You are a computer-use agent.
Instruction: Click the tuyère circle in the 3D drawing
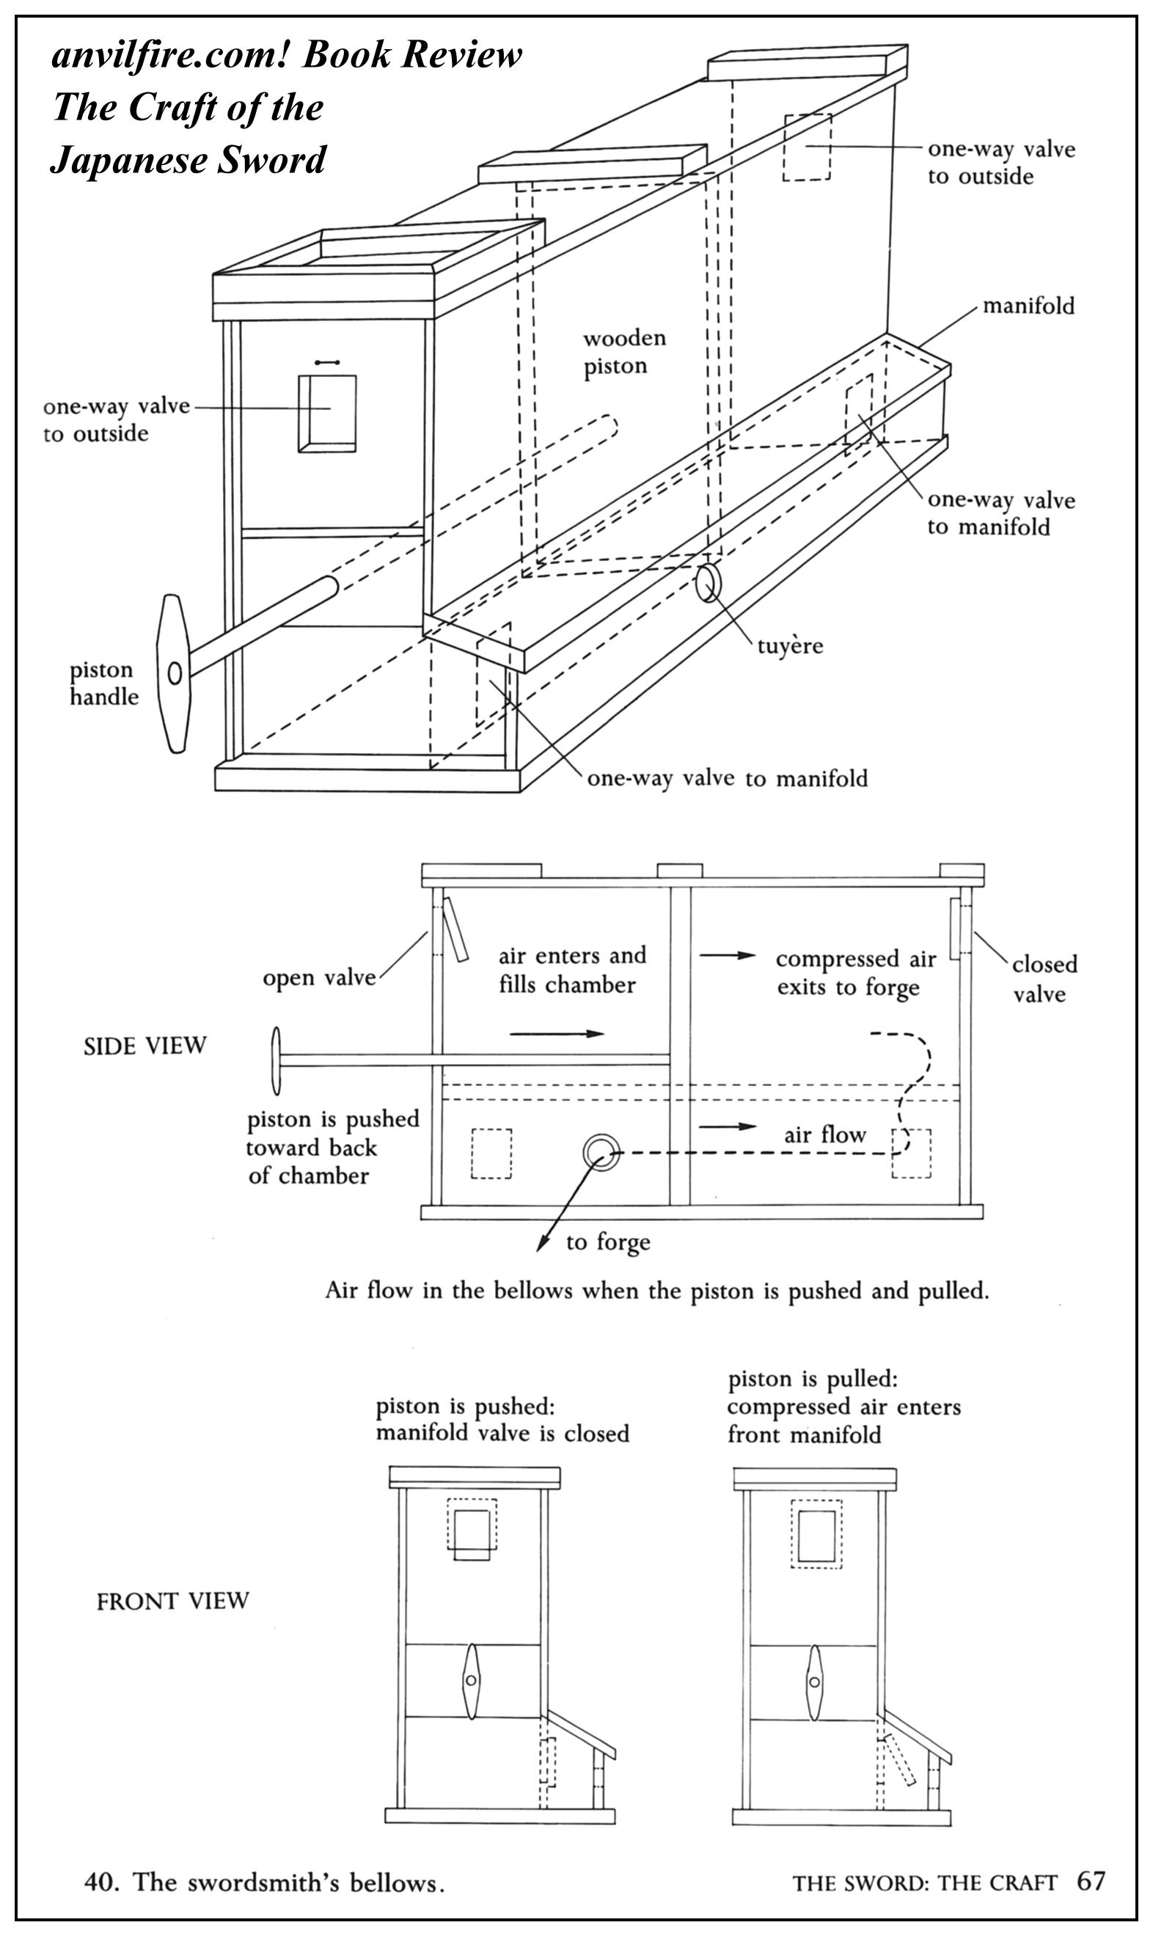709,583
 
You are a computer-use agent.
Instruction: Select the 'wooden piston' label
624,352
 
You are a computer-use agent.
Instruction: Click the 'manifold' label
1028,306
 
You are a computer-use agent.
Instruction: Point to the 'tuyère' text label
789,646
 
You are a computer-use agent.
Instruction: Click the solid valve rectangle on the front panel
327,413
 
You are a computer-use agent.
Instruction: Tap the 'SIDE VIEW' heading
144,1046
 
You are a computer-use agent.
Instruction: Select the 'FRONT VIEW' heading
172,1601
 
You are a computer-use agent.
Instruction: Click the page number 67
1090,1880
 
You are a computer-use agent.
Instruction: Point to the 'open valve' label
318,978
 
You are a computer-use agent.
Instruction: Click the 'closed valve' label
1044,978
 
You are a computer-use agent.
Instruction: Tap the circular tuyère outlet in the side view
601,1153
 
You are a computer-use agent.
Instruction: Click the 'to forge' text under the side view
607,1242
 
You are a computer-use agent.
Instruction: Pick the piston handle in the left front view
471,1682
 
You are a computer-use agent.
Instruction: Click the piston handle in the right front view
813,1682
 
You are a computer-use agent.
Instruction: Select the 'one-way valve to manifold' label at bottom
726,778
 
